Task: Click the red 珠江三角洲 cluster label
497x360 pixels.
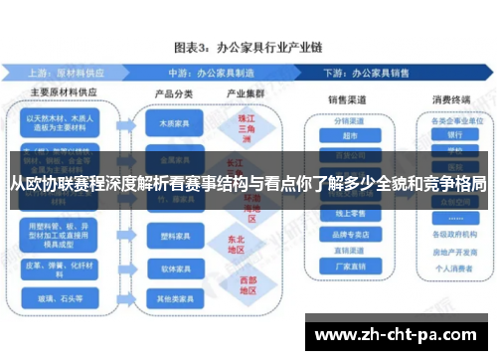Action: coord(236,126)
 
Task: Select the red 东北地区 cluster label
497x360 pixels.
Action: coord(236,245)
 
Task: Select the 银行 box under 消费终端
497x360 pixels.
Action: coord(454,136)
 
